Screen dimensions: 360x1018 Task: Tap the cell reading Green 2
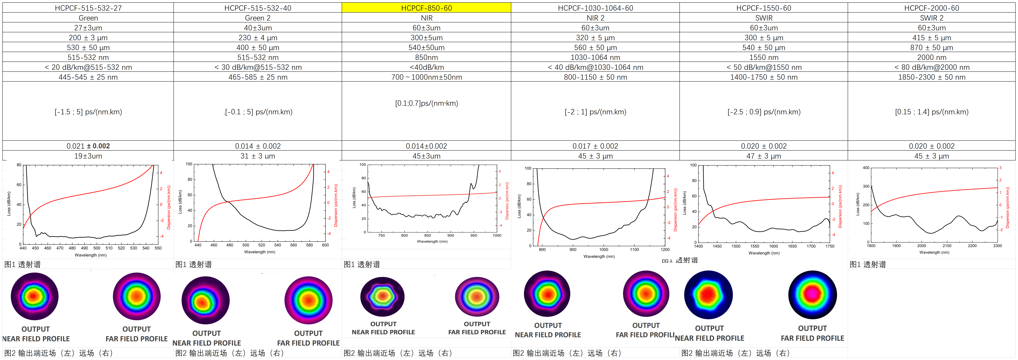click(x=258, y=18)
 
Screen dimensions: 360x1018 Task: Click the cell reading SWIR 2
click(x=931, y=18)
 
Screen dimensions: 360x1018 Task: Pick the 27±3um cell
click(x=88, y=28)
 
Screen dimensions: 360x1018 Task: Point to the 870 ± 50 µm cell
click(x=931, y=47)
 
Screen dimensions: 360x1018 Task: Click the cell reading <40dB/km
click(x=426, y=67)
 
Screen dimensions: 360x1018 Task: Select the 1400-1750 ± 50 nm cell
click(x=764, y=77)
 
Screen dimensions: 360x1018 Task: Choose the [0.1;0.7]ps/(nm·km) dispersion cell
click(x=426, y=103)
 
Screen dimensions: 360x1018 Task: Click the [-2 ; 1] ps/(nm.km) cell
click(x=595, y=112)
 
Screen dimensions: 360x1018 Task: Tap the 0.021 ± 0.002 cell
click(x=88, y=146)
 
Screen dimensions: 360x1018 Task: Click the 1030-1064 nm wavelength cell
click(x=595, y=57)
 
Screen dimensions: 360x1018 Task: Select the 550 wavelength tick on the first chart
click(x=158, y=248)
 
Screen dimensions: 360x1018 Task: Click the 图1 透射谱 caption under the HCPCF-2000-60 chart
click(x=868, y=264)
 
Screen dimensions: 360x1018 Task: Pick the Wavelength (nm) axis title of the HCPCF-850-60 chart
click(x=432, y=241)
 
